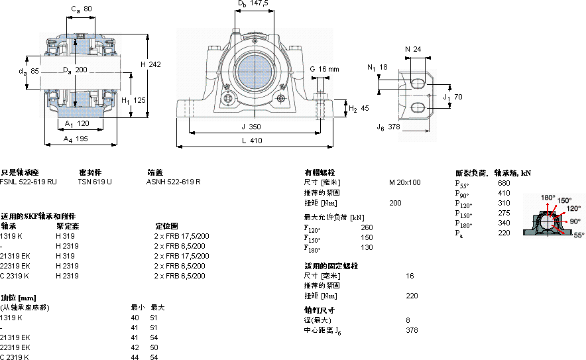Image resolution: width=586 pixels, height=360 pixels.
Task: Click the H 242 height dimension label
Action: point(151,64)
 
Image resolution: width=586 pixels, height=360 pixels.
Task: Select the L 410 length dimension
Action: point(252,141)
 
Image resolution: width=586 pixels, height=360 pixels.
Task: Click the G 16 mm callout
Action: point(324,69)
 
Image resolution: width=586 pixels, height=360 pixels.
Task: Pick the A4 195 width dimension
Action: point(76,139)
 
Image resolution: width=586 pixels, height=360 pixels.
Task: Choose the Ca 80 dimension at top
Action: point(81,9)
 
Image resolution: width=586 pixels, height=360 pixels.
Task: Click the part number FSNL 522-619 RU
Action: point(29,181)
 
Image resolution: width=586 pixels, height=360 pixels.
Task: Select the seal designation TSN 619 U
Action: point(94,181)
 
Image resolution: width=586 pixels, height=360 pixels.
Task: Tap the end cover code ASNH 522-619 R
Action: point(173,181)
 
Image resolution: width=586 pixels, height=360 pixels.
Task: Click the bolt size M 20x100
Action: point(404,182)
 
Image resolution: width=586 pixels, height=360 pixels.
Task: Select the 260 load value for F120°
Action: point(367,228)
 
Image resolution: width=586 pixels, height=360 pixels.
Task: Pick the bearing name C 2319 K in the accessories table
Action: point(15,276)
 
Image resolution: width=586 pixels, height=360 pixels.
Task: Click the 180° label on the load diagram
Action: point(548,198)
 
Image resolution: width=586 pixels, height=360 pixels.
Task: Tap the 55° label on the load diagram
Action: point(578,235)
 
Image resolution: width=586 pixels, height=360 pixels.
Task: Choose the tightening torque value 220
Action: point(412,296)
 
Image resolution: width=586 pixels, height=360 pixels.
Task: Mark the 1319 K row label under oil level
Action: point(11,318)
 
